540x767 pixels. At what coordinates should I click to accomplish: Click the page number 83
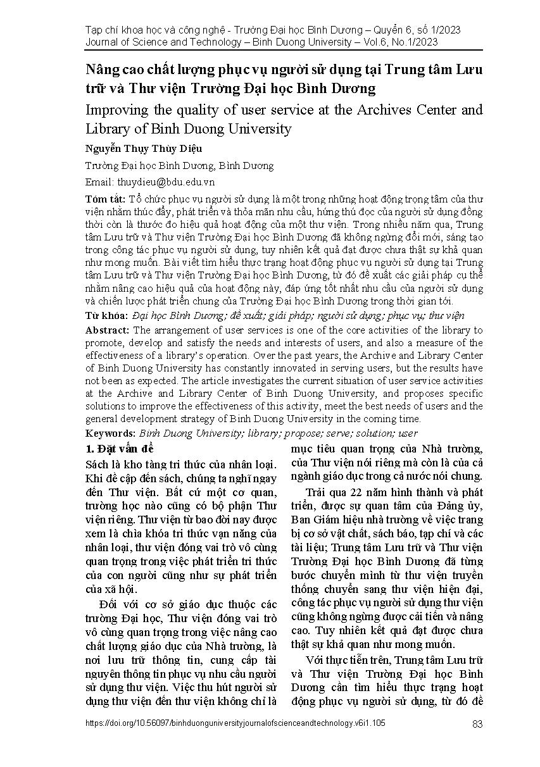click(x=477, y=724)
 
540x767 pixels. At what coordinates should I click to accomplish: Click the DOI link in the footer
click(x=235, y=723)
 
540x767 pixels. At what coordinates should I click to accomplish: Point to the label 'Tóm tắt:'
click(x=104, y=199)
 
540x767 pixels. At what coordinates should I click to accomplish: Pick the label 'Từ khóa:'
click(x=106, y=315)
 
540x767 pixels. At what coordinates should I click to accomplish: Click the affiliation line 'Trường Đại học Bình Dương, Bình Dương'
click(x=179, y=166)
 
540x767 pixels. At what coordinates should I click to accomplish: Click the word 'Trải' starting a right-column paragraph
click(x=318, y=492)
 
